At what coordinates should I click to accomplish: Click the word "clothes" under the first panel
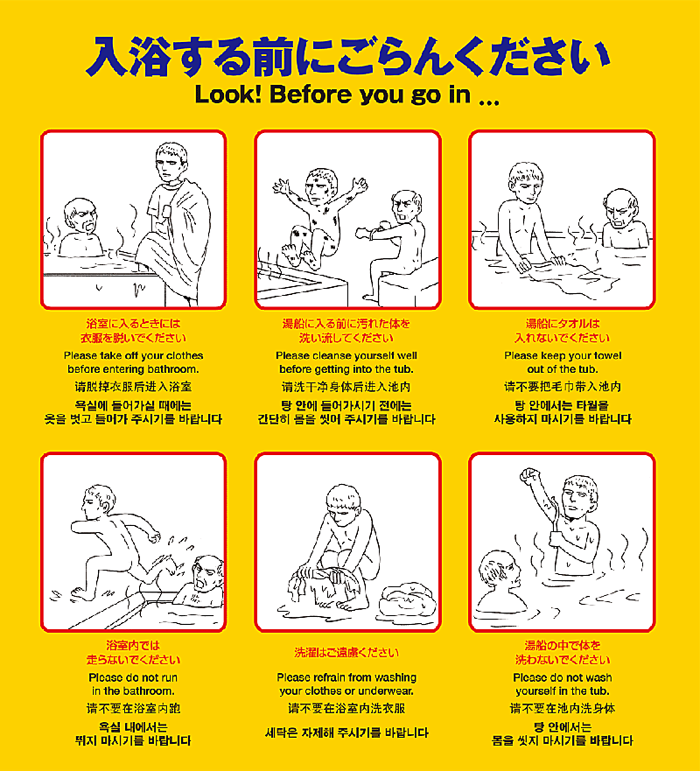click(185, 355)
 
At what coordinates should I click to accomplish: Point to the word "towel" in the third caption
click(607, 355)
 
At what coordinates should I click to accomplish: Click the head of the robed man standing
click(171, 162)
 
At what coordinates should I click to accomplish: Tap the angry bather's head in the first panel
click(81, 216)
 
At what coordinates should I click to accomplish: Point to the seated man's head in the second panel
click(407, 207)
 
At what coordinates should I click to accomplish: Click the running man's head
click(98, 501)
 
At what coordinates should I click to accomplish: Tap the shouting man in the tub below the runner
click(201, 583)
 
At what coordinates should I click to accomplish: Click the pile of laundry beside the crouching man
click(408, 599)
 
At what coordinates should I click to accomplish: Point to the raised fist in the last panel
click(530, 475)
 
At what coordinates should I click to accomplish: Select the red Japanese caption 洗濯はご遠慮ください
click(346, 653)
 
